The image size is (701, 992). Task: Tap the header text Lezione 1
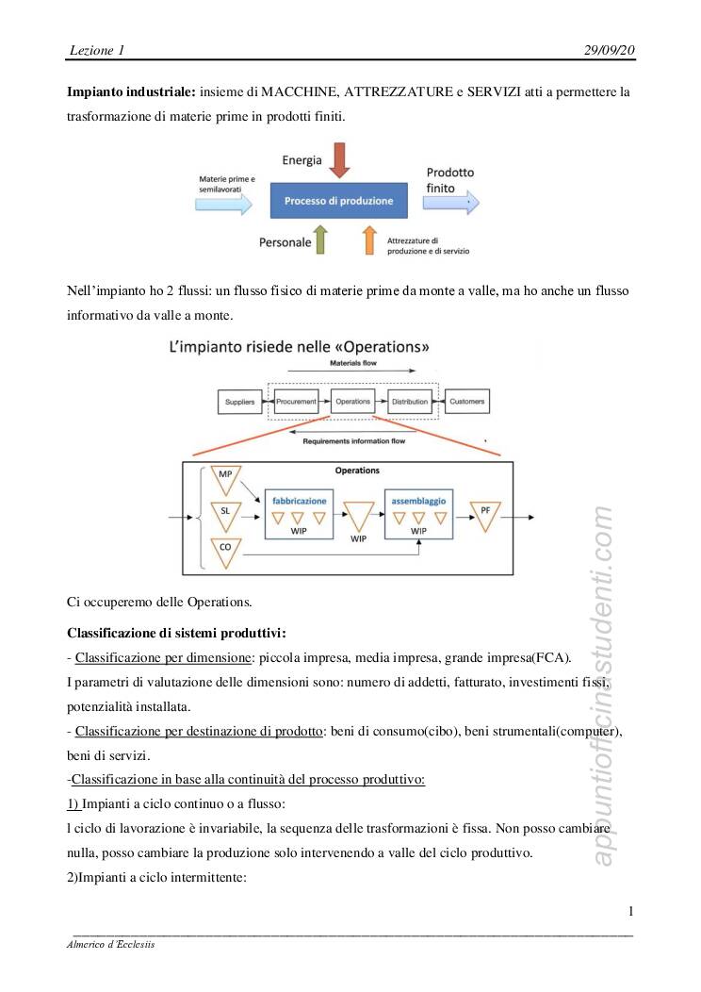pos(97,49)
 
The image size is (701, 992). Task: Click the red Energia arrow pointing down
pos(340,160)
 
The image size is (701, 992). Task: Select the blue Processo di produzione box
pos(340,201)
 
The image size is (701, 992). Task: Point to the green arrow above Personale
pos(320,240)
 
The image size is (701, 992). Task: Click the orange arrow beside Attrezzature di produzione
pos(370,240)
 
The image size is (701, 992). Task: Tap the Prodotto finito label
pos(449,180)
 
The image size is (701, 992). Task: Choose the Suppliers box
pos(239,402)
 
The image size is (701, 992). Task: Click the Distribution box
pos(409,402)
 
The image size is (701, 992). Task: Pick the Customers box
pos(466,402)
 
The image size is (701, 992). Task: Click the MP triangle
pos(225,478)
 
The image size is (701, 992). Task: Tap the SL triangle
pos(225,514)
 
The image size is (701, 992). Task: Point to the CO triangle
pos(225,551)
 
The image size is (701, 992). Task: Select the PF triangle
pos(484,514)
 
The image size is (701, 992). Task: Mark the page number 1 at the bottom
pos(629,910)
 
